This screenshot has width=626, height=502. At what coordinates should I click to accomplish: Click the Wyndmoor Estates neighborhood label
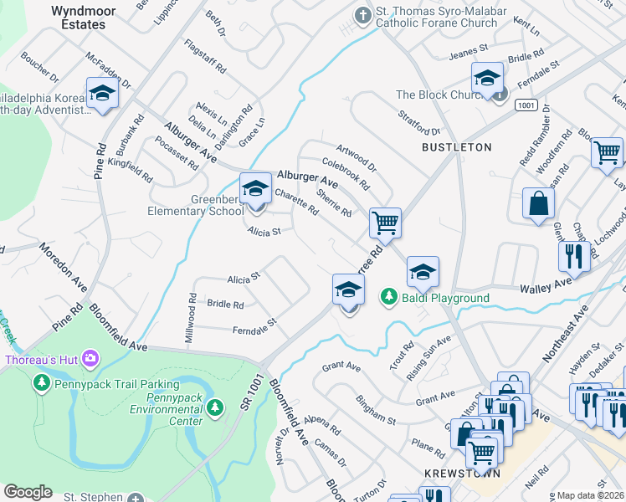coord(79,18)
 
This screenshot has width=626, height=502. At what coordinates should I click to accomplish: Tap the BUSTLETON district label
coord(456,147)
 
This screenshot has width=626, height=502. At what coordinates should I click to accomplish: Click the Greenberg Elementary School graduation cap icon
coord(255,189)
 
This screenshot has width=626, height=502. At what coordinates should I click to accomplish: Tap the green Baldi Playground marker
coord(388,297)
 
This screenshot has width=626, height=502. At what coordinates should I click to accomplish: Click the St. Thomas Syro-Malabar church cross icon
coord(362,14)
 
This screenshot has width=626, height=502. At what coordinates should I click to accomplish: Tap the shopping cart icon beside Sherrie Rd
coord(385,223)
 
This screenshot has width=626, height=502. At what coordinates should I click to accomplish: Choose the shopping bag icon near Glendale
coord(538,203)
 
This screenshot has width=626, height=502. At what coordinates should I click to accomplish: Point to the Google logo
coord(28,492)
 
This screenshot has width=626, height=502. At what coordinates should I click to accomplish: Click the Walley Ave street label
coord(545,286)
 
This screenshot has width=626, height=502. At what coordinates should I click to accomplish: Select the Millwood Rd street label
coord(192,320)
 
